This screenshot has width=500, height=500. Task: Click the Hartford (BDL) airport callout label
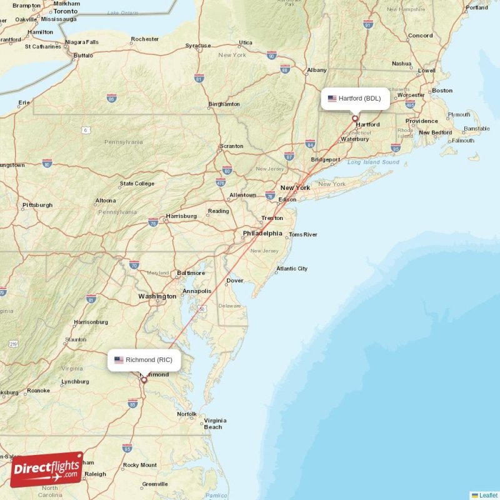355,98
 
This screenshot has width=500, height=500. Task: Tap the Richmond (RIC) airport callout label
144,360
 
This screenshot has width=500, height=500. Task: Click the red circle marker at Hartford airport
355,118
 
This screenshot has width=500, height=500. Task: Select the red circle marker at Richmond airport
144,379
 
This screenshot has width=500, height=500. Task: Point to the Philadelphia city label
262,233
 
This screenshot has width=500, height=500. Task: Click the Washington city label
157,296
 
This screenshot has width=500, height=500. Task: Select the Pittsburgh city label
37,205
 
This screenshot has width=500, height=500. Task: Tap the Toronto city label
66,11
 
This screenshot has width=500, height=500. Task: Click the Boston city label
442,91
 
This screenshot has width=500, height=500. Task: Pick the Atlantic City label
292,269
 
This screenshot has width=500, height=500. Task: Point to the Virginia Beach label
214,424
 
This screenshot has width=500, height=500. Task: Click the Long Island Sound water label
373,162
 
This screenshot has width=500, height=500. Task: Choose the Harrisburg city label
181,216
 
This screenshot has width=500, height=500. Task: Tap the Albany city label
317,70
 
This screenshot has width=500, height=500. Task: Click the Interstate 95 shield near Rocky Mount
127,448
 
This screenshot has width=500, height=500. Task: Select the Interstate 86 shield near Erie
111,98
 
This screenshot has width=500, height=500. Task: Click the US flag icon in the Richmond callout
119,360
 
